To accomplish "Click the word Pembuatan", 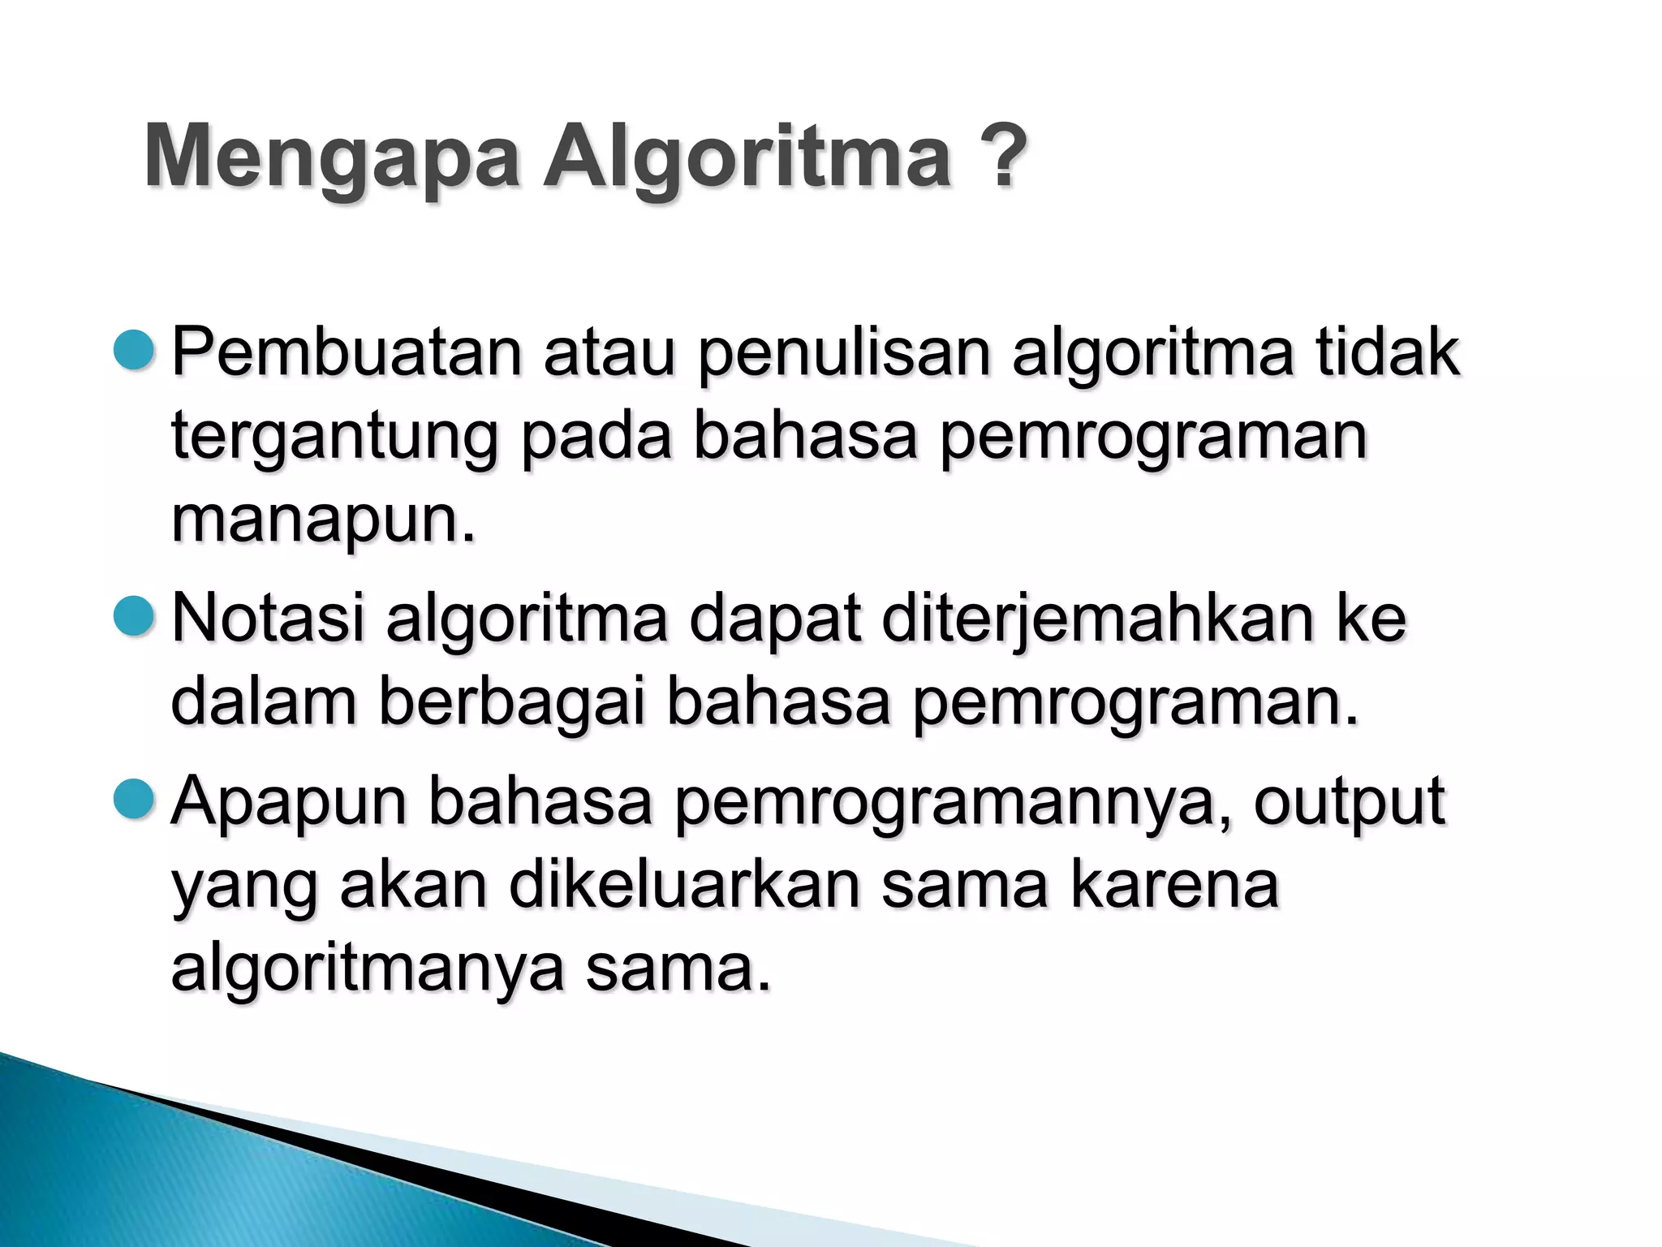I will click(x=347, y=353).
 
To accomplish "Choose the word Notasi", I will click(x=268, y=619).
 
